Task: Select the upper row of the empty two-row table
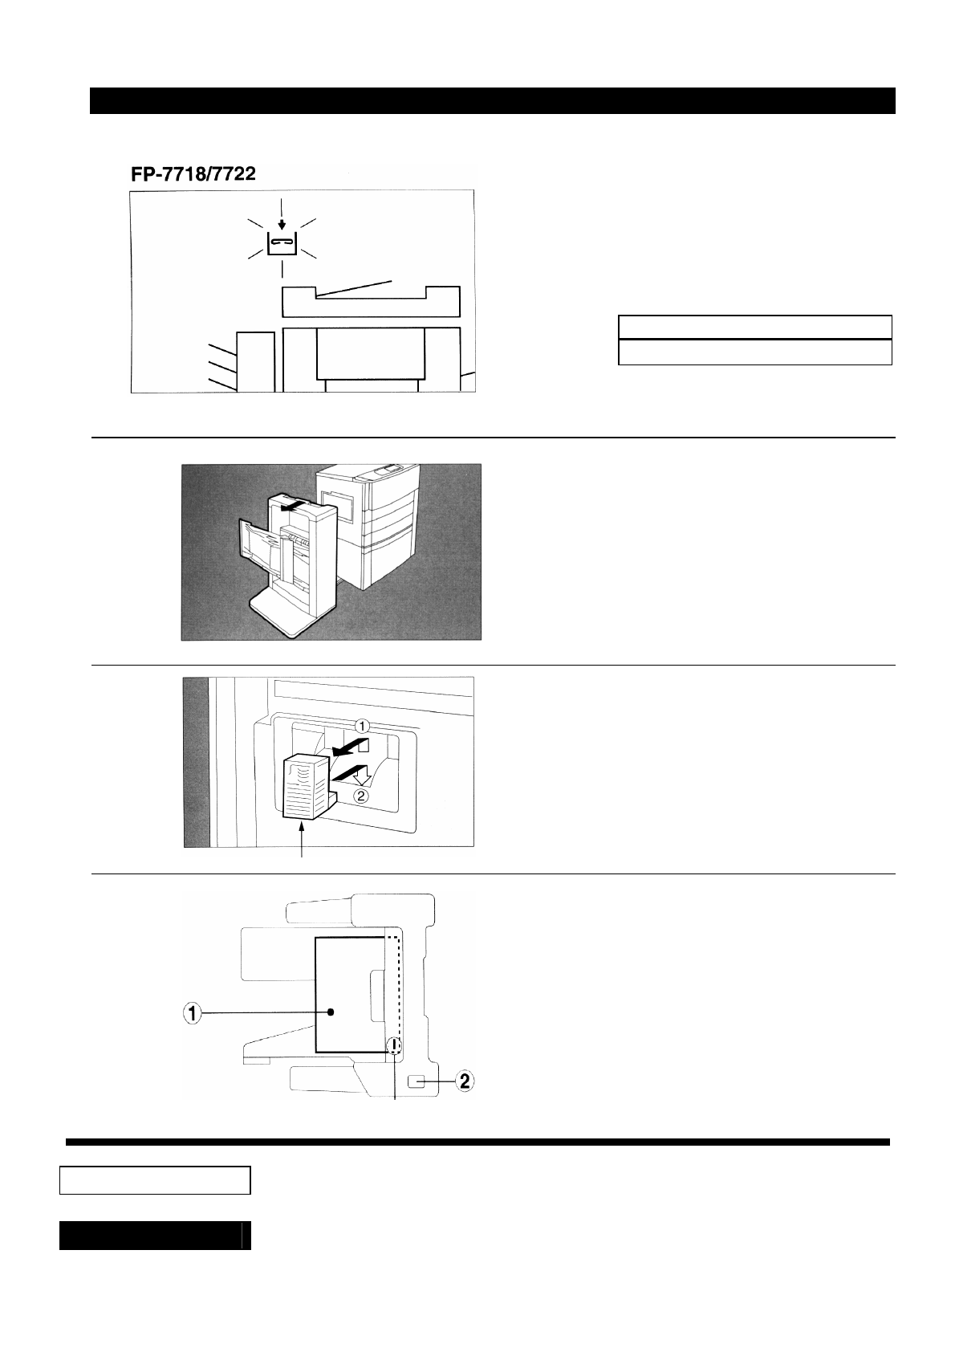pos(754,328)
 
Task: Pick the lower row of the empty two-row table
pos(754,352)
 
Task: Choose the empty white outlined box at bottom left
pos(156,1180)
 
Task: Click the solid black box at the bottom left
pos(156,1236)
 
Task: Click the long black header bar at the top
pos(492,101)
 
